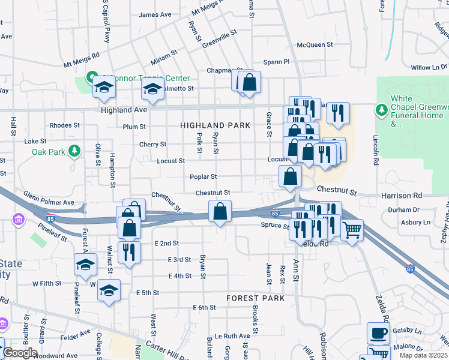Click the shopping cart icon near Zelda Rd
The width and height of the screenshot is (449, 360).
click(352, 228)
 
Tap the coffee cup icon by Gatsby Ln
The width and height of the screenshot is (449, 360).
click(378, 333)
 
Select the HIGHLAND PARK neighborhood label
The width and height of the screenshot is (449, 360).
click(215, 125)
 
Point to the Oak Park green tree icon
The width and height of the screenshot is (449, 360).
click(74, 151)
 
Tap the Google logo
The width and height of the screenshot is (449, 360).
click(20, 353)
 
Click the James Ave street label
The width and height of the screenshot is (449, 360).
click(155, 15)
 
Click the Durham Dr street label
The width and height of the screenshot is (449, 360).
click(403, 209)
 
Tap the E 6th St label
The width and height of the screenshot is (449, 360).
click(204, 307)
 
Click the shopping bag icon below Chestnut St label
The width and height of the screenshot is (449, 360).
click(220, 212)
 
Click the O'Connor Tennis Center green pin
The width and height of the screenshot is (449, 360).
click(92, 78)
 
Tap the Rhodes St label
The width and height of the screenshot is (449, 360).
click(65, 125)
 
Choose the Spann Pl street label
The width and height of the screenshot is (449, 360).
click(276, 62)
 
